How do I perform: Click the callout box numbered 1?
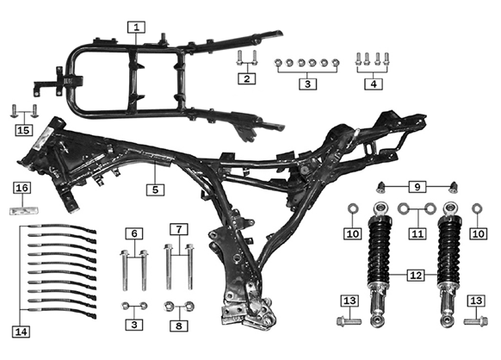[x=136, y=28]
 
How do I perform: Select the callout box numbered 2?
[x=247, y=78]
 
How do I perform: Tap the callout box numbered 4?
[x=374, y=84]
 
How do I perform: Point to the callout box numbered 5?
[x=155, y=189]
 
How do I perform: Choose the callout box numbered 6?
[x=134, y=233]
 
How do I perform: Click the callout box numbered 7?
[x=179, y=229]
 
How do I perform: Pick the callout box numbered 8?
[x=179, y=326]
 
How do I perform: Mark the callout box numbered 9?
[x=417, y=187]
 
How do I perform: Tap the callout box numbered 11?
[x=417, y=233]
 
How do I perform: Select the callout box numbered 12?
[x=416, y=275]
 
